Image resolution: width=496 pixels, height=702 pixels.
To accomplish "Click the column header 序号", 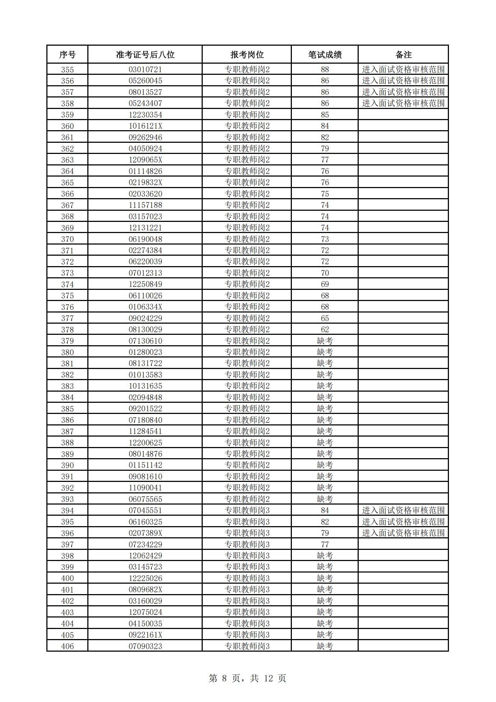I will pos(67,55).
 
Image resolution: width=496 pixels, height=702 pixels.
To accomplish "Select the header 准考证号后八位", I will pos(145,55).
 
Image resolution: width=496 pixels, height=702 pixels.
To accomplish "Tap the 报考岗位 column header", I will pos(247,55).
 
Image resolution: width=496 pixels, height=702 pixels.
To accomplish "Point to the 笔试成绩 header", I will pos(325,55).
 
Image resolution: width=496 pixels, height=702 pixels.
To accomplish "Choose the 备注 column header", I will pos(403,55).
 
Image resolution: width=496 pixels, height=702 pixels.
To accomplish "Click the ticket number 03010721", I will pos(145,69).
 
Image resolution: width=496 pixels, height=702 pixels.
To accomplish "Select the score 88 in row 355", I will pos(325,69).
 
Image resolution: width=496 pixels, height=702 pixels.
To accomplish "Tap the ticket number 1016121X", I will pos(145,126).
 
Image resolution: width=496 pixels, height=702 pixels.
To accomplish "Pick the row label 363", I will pos(67,160).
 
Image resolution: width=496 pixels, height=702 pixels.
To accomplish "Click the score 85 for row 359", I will pos(325,115).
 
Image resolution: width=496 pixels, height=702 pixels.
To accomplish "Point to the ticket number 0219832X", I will pos(145,182).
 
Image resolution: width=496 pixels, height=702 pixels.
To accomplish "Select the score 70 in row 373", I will pos(325,273).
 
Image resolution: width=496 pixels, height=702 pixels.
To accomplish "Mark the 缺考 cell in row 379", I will pos(325,341).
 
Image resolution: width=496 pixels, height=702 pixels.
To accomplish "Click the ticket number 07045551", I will pos(145,510).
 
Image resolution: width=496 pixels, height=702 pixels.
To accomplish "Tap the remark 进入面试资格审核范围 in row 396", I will pos(403,533).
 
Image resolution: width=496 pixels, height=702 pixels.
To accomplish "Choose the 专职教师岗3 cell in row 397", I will pos(247,544).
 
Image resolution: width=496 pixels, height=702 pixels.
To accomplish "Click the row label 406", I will pos(67,646).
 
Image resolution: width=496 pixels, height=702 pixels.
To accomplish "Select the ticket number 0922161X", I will pos(145,635).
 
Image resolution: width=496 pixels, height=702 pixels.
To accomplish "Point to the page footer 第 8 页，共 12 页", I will pos(247,678).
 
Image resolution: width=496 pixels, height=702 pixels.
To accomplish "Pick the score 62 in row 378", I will pos(325,329).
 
